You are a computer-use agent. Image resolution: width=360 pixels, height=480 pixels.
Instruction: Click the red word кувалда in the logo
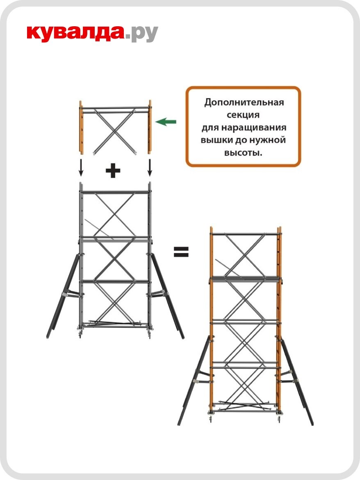coord(75,33)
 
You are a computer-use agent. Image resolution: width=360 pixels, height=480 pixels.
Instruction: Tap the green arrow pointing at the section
coord(166,121)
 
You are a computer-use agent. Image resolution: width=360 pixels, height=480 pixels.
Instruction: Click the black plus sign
coord(113,171)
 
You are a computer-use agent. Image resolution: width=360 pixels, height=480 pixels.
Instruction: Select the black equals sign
coord(181,252)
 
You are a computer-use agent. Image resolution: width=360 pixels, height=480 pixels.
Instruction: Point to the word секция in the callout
coord(244,114)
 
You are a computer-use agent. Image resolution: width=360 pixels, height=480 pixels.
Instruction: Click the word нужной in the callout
coord(266,140)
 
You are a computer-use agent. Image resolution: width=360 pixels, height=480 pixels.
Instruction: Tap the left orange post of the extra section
coord(81,127)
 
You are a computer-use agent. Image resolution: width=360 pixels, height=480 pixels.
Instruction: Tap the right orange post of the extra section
coord(150,127)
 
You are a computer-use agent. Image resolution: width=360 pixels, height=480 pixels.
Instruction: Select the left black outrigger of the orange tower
coord(194,382)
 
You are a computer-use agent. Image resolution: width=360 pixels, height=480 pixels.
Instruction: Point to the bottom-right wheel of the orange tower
coord(279,419)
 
